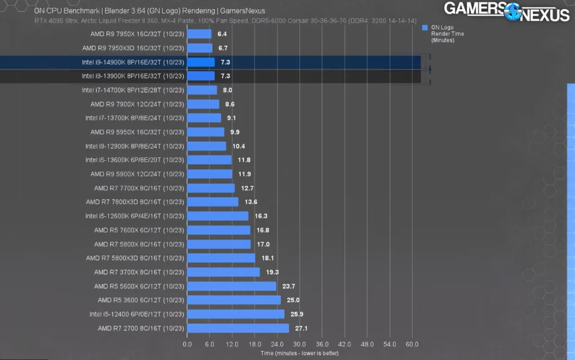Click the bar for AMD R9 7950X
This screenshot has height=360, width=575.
[199, 34]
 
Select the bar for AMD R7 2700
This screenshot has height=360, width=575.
[238, 328]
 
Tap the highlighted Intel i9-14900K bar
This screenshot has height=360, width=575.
[200, 62]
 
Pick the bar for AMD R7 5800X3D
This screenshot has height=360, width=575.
[221, 258]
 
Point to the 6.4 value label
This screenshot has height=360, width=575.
[222, 34]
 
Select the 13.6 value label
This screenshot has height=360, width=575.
[249, 202]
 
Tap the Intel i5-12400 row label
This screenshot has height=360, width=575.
[136, 314]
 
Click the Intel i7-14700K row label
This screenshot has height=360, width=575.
[133, 90]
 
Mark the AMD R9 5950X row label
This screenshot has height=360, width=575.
[137, 132]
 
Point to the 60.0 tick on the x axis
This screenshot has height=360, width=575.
[412, 344]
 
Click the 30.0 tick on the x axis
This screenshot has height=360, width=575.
[299, 344]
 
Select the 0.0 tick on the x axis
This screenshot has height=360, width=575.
[187, 344]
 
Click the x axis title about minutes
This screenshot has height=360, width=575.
[299, 354]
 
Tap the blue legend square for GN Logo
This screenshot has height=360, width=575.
[425, 28]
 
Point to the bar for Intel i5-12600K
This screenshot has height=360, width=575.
[217, 216]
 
